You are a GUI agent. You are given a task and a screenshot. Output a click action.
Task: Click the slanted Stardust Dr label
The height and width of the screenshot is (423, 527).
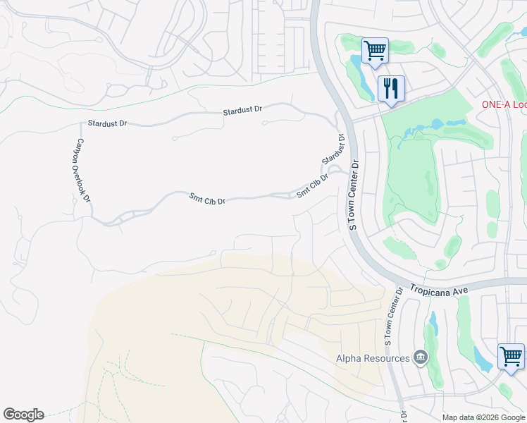(x=333, y=149)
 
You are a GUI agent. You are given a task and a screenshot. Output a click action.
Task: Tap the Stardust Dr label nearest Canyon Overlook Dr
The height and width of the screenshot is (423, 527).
(x=107, y=123)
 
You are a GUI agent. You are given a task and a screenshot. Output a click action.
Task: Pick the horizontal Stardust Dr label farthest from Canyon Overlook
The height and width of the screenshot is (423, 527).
(x=242, y=111)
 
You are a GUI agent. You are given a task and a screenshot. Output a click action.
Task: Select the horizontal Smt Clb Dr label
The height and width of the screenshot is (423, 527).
(x=207, y=200)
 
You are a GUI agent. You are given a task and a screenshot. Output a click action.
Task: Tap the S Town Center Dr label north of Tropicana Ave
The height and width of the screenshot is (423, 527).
(x=354, y=195)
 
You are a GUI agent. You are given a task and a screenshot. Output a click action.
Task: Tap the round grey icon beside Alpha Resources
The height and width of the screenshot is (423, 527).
(x=421, y=357)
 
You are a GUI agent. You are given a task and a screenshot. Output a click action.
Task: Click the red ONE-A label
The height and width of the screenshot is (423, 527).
(x=504, y=104)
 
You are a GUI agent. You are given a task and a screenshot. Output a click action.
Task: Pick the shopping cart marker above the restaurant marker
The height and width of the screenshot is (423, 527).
(x=375, y=51)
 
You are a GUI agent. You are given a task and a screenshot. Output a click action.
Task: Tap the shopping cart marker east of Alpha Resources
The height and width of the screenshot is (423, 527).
(x=511, y=355)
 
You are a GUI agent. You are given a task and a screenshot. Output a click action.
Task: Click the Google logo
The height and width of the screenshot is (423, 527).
(x=23, y=415)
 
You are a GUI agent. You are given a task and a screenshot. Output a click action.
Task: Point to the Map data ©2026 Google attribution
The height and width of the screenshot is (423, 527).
(x=482, y=417)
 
